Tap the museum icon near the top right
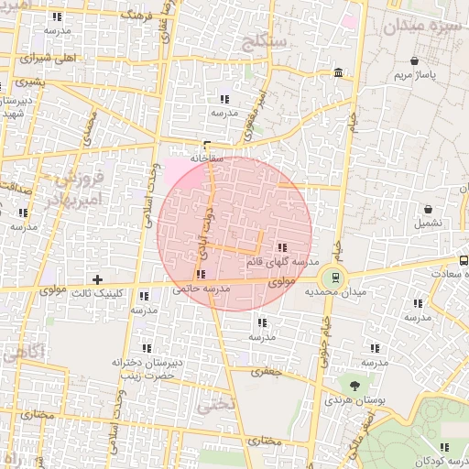tap(339, 72)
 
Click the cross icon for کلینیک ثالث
tap(97, 278)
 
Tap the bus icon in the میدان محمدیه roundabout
tap(334, 276)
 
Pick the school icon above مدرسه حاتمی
tap(201, 274)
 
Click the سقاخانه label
tap(206, 158)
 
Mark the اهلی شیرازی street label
tap(53, 57)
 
